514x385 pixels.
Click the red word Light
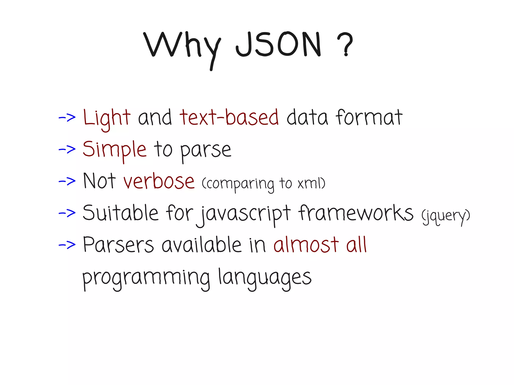tap(107, 118)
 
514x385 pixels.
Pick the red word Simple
tap(114, 150)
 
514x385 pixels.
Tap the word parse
tap(206, 150)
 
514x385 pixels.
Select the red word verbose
tap(159, 181)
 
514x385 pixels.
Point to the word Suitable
tap(120, 213)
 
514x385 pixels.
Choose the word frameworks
tap(356, 213)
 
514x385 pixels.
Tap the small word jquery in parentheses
tap(446, 216)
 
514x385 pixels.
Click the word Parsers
tap(118, 245)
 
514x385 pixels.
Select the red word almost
tap(306, 245)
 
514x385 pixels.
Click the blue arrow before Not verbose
tap(67, 181)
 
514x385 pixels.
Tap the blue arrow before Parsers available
tap(67, 245)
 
